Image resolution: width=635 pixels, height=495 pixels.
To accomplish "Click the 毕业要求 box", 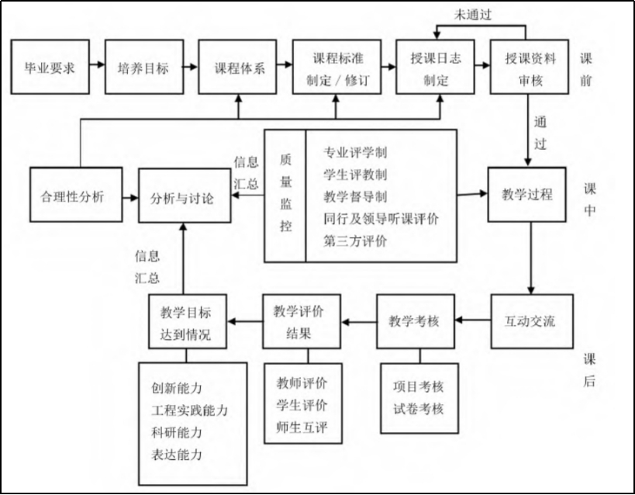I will pos(49,65).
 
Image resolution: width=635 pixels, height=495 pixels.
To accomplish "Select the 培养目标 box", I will pos(143,65).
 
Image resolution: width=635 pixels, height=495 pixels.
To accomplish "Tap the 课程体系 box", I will pos(240,65).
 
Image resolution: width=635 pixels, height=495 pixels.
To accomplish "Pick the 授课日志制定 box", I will pos(435,65).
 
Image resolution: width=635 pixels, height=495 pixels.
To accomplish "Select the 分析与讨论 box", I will pos(183,197).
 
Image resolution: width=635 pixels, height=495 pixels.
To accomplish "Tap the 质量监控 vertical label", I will pos(285,196).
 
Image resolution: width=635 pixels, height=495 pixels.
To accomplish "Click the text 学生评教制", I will pos(356,174).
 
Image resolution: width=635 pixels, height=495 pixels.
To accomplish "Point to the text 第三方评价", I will pos(356,241).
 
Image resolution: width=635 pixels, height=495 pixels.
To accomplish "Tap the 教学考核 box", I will pos(418,320).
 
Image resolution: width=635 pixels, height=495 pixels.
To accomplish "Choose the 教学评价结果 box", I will pos(299,320).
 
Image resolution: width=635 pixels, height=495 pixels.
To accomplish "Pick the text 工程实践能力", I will pos(190,410).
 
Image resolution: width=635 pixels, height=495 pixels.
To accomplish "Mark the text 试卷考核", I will pos(418,407).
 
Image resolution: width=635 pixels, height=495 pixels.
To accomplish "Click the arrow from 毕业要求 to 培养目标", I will pos(96,65).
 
